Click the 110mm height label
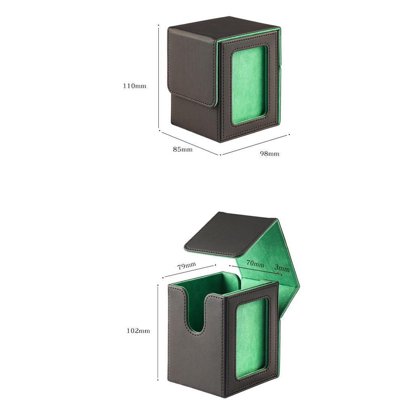(x=135, y=86)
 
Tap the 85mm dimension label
(x=183, y=149)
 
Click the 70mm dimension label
(x=255, y=264)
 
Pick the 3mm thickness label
(x=282, y=268)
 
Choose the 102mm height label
(x=138, y=330)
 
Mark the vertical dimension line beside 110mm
(x=159, y=77)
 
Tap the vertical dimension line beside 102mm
(x=158, y=331)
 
